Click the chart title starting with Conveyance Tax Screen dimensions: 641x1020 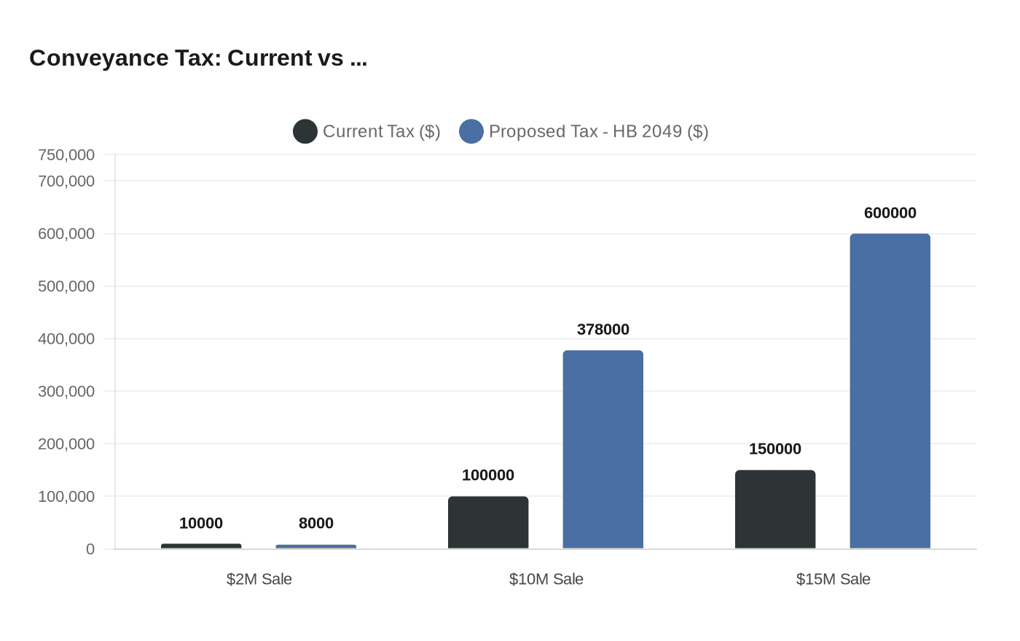(198, 58)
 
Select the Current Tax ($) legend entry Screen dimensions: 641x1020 (367, 131)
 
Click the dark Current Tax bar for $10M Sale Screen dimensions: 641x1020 (488, 522)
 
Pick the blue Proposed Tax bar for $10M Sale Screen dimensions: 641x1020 (603, 449)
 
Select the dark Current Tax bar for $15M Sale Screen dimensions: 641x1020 (775, 509)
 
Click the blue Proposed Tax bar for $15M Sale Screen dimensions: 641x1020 (890, 391)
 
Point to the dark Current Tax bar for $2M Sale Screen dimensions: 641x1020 (201, 546)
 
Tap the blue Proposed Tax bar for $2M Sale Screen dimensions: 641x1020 (316, 546)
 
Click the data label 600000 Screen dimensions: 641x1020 (890, 213)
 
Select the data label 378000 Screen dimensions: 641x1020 (603, 329)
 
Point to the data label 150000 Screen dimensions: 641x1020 (775, 449)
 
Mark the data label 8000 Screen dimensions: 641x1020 (316, 523)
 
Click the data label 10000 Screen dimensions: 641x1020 (201, 523)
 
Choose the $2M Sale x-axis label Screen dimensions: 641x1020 (259, 579)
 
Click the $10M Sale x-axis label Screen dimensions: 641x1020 (546, 579)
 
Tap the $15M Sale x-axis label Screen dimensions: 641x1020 (833, 579)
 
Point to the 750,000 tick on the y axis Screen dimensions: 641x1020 (66, 154)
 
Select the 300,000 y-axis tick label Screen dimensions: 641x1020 (66, 391)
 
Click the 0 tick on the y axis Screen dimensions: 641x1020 (90, 549)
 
